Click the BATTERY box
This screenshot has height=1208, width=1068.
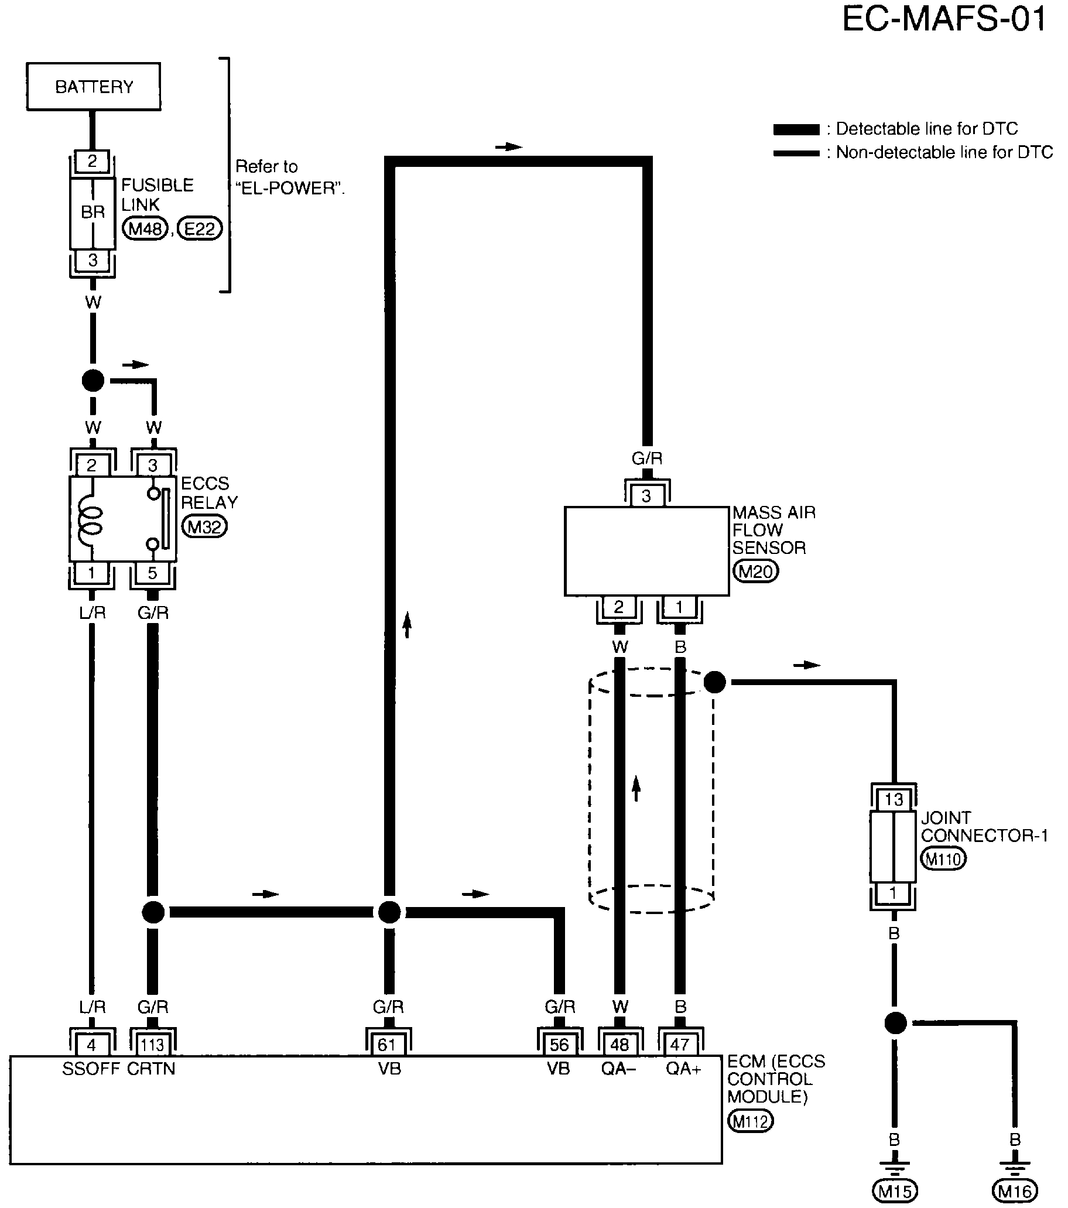[93, 86]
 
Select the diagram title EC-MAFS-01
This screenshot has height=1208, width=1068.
[944, 19]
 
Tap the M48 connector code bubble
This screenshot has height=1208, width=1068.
[145, 228]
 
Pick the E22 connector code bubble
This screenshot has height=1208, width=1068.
[200, 228]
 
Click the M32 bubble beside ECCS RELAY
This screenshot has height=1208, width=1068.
[204, 526]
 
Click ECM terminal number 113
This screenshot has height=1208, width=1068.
[152, 1045]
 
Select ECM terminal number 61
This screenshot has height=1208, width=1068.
[388, 1045]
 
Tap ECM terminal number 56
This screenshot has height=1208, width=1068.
[559, 1045]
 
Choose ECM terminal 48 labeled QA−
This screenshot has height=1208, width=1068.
[619, 1045]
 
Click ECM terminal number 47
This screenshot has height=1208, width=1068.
[680, 1045]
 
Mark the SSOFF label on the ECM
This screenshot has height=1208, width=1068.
[90, 1069]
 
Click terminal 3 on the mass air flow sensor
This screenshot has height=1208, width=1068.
[646, 495]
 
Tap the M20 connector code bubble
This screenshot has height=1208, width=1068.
[755, 572]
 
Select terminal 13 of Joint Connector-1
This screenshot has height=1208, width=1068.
[894, 800]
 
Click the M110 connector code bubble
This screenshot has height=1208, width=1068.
[943, 859]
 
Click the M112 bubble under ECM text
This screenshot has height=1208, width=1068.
[750, 1121]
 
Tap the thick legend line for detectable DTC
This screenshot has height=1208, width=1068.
[796, 129]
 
